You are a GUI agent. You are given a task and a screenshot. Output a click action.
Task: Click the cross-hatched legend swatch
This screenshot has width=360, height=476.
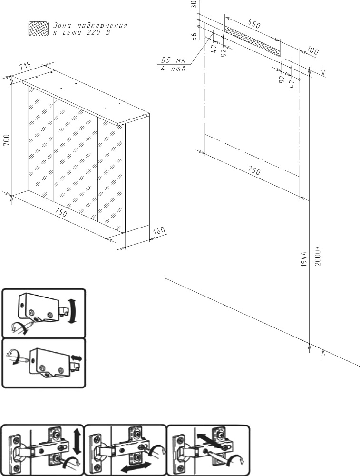[38, 29]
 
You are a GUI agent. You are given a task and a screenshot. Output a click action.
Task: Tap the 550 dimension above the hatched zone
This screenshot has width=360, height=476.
[254, 23]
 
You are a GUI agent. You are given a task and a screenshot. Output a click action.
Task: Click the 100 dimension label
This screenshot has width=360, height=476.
[312, 51]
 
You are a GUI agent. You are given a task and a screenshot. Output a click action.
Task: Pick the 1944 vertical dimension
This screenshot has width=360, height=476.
[304, 258]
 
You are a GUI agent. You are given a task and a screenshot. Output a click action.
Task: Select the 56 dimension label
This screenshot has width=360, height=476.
[194, 36]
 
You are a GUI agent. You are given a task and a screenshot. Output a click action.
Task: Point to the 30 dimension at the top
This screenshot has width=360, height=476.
[194, 4]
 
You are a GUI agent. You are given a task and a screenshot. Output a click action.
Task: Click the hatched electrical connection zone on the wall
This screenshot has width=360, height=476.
[253, 41]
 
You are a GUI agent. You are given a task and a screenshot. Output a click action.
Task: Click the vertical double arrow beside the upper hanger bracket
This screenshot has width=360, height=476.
[72, 311]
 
